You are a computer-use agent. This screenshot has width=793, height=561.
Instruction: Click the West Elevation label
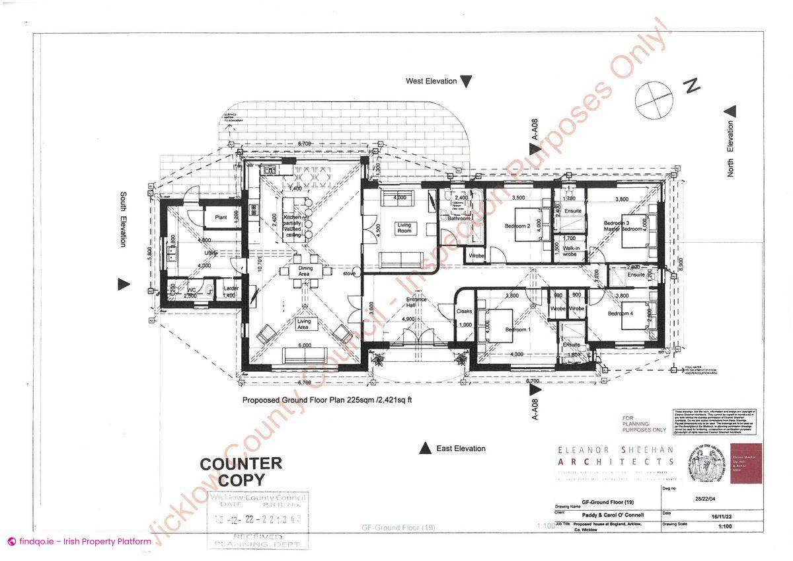(x=431, y=81)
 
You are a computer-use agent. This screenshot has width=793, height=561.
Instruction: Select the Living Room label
(x=404, y=228)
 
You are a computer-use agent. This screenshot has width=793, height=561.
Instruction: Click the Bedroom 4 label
(x=621, y=313)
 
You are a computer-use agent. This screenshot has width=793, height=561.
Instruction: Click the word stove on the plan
(x=350, y=273)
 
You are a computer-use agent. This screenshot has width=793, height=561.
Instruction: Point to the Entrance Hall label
(x=416, y=302)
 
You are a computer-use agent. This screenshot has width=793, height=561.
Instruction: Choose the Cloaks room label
(x=464, y=311)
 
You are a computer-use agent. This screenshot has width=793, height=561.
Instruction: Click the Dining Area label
(x=304, y=271)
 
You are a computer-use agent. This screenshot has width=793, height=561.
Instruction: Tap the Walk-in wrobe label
(x=572, y=251)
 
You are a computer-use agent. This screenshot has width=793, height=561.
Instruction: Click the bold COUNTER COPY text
(x=241, y=472)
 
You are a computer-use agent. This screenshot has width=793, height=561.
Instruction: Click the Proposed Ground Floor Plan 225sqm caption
(x=327, y=400)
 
